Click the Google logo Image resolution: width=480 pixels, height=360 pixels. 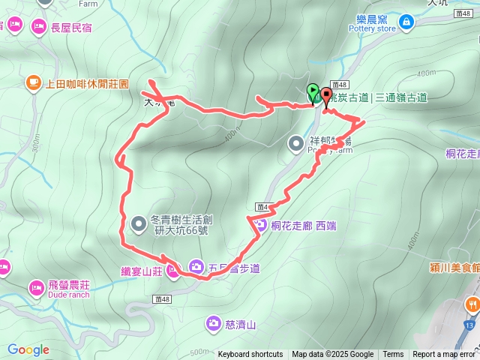[x=28, y=349]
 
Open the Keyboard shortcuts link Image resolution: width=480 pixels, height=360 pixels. [x=250, y=355]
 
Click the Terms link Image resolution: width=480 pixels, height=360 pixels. [x=393, y=355]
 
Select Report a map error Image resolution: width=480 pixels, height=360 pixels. [x=443, y=355]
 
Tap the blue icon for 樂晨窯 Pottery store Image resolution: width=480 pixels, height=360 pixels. [x=406, y=22]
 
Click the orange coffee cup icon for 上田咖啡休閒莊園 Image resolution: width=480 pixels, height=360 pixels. [x=33, y=82]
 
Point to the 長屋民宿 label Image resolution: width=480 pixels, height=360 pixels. [x=71, y=28]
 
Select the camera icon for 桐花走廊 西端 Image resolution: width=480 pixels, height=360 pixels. [x=259, y=223]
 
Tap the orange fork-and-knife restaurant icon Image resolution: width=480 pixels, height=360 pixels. [x=472, y=304]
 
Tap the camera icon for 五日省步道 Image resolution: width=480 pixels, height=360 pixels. [x=196, y=265]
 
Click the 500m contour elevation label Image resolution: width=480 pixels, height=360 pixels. [x=199, y=351]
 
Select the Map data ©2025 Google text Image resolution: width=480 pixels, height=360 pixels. [x=332, y=355]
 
